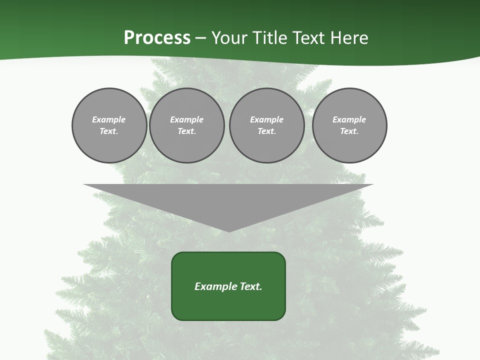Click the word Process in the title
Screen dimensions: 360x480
coord(157,38)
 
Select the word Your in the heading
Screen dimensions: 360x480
coord(227,38)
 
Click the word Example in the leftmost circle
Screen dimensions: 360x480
coord(109,119)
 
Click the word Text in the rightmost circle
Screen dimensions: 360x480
coord(349,131)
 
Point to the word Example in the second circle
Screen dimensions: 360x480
coord(186,119)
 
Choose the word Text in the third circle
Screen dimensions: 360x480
coord(266,131)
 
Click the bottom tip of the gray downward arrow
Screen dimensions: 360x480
coord(229,230)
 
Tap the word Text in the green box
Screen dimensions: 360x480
coord(250,286)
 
